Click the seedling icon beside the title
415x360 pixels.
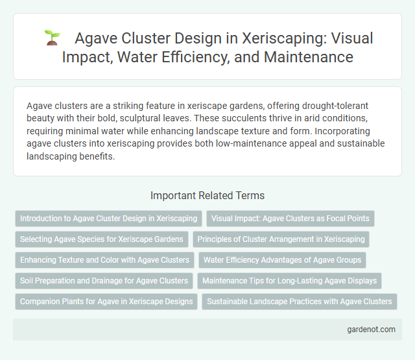52,38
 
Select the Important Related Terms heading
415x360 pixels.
207,195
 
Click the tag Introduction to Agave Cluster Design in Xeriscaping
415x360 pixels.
108,219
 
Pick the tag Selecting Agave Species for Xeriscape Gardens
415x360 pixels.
101,239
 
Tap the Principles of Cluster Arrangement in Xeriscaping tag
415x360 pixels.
281,239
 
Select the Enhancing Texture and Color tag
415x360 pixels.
104,260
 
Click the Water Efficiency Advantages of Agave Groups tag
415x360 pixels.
283,260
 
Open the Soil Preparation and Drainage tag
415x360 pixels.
104,281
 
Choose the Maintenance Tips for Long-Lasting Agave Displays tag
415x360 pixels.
290,281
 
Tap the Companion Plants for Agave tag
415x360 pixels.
106,302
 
